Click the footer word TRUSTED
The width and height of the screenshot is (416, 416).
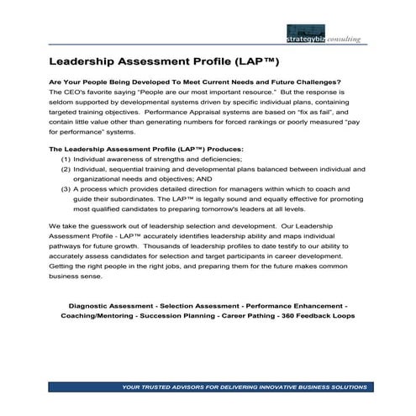161,387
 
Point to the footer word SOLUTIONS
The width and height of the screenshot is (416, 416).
344,387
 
